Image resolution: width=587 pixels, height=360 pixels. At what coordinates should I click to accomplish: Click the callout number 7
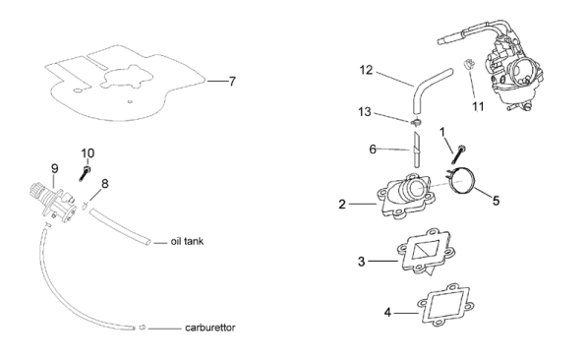coord(232,82)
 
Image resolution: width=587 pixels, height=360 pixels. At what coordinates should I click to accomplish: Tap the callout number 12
coord(366,70)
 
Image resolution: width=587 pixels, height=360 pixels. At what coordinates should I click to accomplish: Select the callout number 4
coord(387,312)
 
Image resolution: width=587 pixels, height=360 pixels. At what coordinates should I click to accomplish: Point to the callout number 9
coord(55,168)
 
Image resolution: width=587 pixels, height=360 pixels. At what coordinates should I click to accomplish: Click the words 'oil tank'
coord(187,241)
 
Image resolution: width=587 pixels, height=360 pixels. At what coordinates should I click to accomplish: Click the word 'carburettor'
coord(210,328)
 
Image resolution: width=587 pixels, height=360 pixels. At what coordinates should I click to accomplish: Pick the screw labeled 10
coord(85,174)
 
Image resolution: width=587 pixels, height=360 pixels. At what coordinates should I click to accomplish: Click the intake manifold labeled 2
coord(407,197)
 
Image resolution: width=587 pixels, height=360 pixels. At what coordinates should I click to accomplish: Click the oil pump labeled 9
coord(53,200)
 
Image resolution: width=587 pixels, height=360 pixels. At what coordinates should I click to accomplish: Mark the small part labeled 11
coord(468,64)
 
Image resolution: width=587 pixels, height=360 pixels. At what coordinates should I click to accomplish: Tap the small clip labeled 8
coord(85,205)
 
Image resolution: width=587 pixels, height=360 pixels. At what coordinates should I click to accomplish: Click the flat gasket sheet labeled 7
coord(124,85)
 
